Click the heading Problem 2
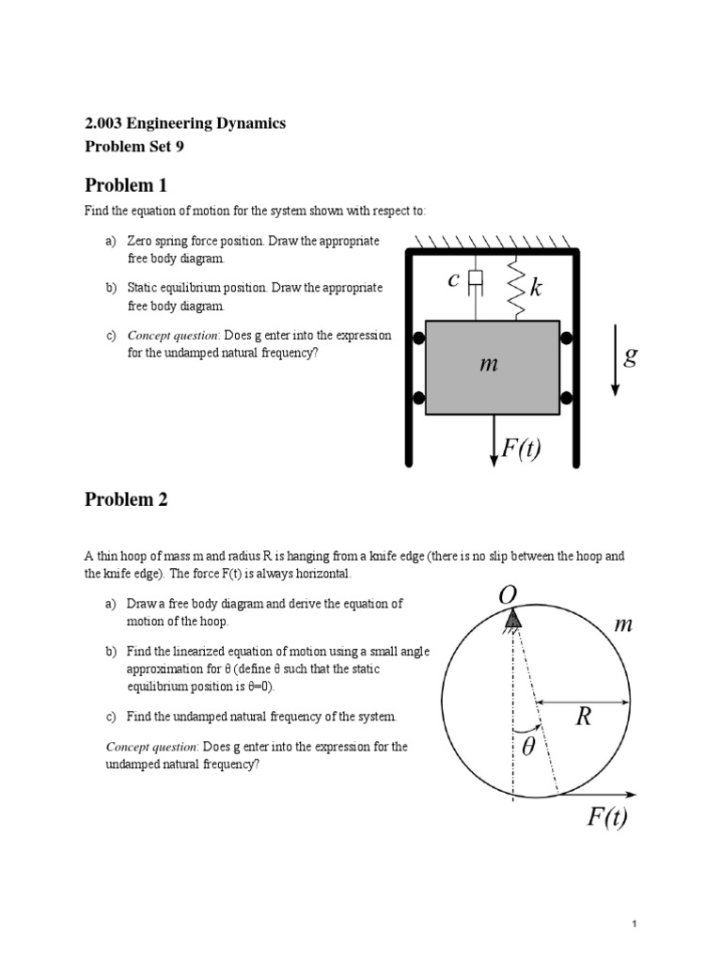coord(125,499)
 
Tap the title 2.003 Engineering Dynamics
coord(185,123)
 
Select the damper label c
coord(453,279)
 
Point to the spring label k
coord(535,288)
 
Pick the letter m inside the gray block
coord(487,364)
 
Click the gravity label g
coord(630,356)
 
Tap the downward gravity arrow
coord(614,360)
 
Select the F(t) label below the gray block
coord(521,449)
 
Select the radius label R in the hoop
coord(584,718)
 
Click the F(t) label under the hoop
coord(607,817)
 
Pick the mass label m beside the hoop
coord(622,624)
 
